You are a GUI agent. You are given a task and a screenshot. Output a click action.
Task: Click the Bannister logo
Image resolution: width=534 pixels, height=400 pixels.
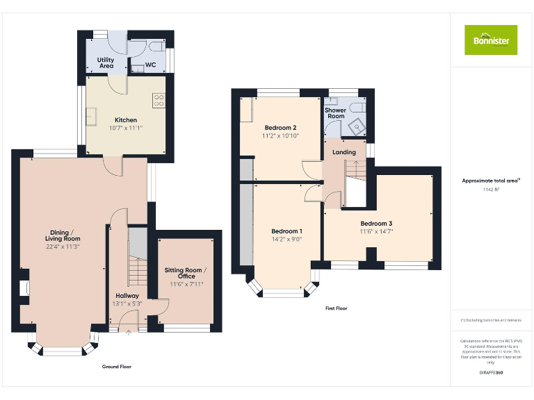click(x=491, y=40)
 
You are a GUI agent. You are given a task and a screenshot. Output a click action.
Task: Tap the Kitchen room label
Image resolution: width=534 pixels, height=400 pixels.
click(x=126, y=120)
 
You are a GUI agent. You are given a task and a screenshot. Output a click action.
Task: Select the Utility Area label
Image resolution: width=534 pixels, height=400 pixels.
click(x=106, y=63)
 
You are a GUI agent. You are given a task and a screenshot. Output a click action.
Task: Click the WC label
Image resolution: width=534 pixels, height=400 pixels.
click(x=150, y=65)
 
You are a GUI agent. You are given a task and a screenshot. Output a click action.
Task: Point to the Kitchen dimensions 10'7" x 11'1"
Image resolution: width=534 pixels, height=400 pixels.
click(x=126, y=128)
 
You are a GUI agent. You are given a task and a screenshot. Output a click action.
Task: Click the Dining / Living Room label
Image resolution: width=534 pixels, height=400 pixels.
click(x=63, y=235)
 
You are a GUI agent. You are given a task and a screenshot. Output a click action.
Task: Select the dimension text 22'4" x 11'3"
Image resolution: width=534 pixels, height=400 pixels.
click(x=63, y=246)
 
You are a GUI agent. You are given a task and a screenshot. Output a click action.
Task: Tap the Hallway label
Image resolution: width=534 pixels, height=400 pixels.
click(x=127, y=295)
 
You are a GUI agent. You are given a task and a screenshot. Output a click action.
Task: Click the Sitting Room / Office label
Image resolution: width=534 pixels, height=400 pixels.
click(x=185, y=273)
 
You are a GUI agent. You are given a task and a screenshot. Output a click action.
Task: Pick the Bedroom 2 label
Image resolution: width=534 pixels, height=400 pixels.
click(x=281, y=128)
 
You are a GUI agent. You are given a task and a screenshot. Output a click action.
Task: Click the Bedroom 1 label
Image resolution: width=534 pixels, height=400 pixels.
click(x=286, y=231)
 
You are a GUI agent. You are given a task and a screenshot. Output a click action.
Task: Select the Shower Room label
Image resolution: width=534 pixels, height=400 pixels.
click(x=336, y=113)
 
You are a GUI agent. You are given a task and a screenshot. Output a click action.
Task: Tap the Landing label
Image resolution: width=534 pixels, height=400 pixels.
click(x=344, y=152)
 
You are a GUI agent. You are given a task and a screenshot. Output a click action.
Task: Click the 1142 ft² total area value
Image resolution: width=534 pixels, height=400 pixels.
click(x=491, y=189)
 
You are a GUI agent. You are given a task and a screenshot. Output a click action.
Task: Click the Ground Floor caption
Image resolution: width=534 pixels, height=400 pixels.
click(x=116, y=366)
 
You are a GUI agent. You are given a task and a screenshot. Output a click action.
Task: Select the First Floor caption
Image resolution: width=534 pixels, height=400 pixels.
click(x=336, y=308)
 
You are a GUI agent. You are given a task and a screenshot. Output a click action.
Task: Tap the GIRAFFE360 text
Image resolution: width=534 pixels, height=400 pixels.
click(x=491, y=373)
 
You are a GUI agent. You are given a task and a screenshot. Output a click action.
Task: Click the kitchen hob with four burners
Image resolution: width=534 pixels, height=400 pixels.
click(x=159, y=101)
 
